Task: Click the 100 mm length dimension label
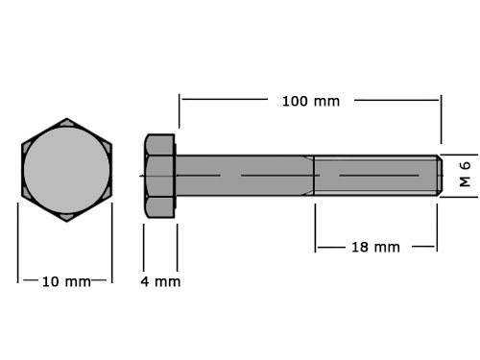(311, 101)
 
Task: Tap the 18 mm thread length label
(375, 247)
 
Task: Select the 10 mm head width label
(66, 281)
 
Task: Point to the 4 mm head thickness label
(160, 281)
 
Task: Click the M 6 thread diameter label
(465, 174)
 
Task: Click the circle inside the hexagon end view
(66, 170)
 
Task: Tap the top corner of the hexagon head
(66, 118)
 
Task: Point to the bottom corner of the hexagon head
(66, 222)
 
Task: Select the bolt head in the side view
(160, 176)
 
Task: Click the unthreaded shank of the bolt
(245, 176)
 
